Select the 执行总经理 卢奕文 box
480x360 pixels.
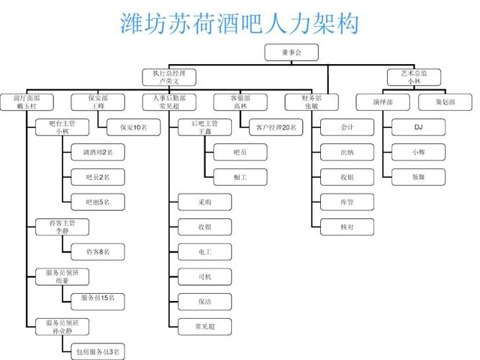click(169, 77)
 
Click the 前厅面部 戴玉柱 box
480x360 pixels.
click(27, 102)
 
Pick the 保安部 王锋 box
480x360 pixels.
click(98, 102)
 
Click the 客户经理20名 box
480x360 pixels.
click(275, 127)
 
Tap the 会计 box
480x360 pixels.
click(347, 127)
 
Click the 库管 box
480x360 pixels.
click(347, 202)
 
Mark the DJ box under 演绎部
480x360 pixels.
click(418, 127)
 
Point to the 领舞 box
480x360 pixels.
click(418, 177)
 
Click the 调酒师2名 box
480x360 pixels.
click(98, 153)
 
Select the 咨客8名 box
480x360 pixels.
click(98, 252)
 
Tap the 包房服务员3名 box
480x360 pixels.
click(98, 351)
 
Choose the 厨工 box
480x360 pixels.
click(240, 177)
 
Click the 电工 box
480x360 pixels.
click(204, 252)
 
